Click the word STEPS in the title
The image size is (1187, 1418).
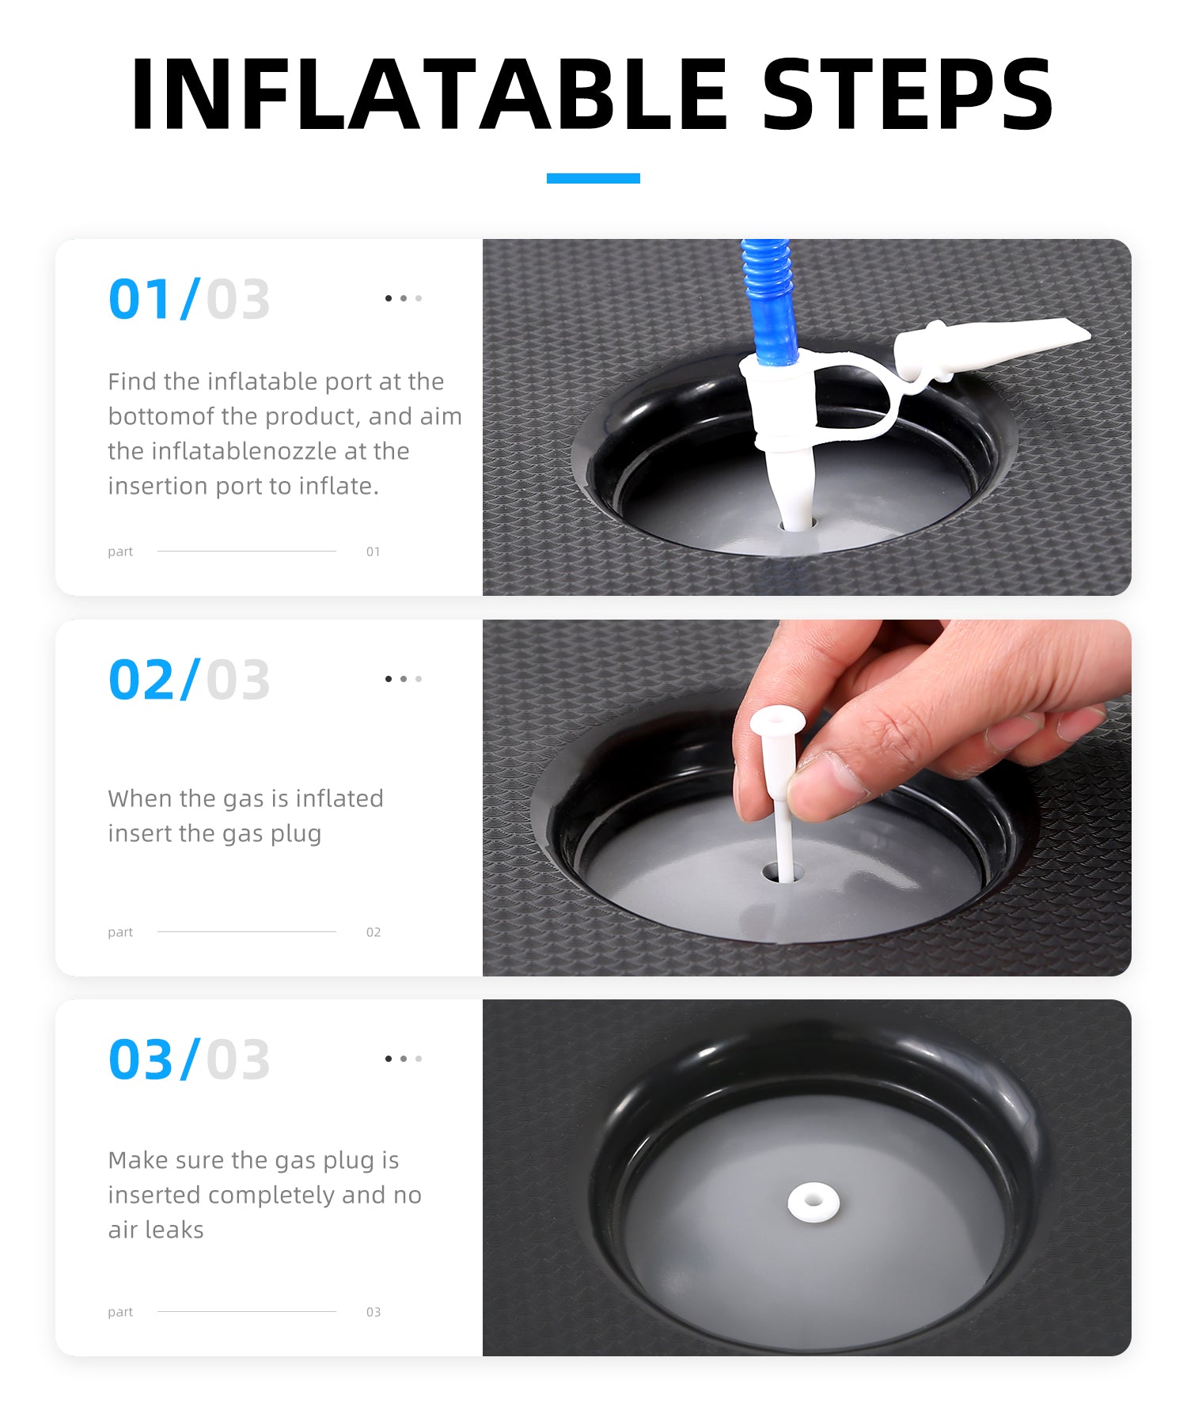pos(908,94)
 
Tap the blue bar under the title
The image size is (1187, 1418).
pos(593,178)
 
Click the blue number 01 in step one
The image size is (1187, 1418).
pos(140,299)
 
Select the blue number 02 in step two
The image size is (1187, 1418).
pos(142,680)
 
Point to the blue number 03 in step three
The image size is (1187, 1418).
pos(141,1060)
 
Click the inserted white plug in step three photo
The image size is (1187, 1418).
pos(813,1202)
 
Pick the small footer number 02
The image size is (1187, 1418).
pos(374,932)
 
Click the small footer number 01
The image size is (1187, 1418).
pos(374,552)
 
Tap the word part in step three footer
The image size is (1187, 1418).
pos(120,1312)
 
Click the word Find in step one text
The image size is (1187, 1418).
pos(133,381)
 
